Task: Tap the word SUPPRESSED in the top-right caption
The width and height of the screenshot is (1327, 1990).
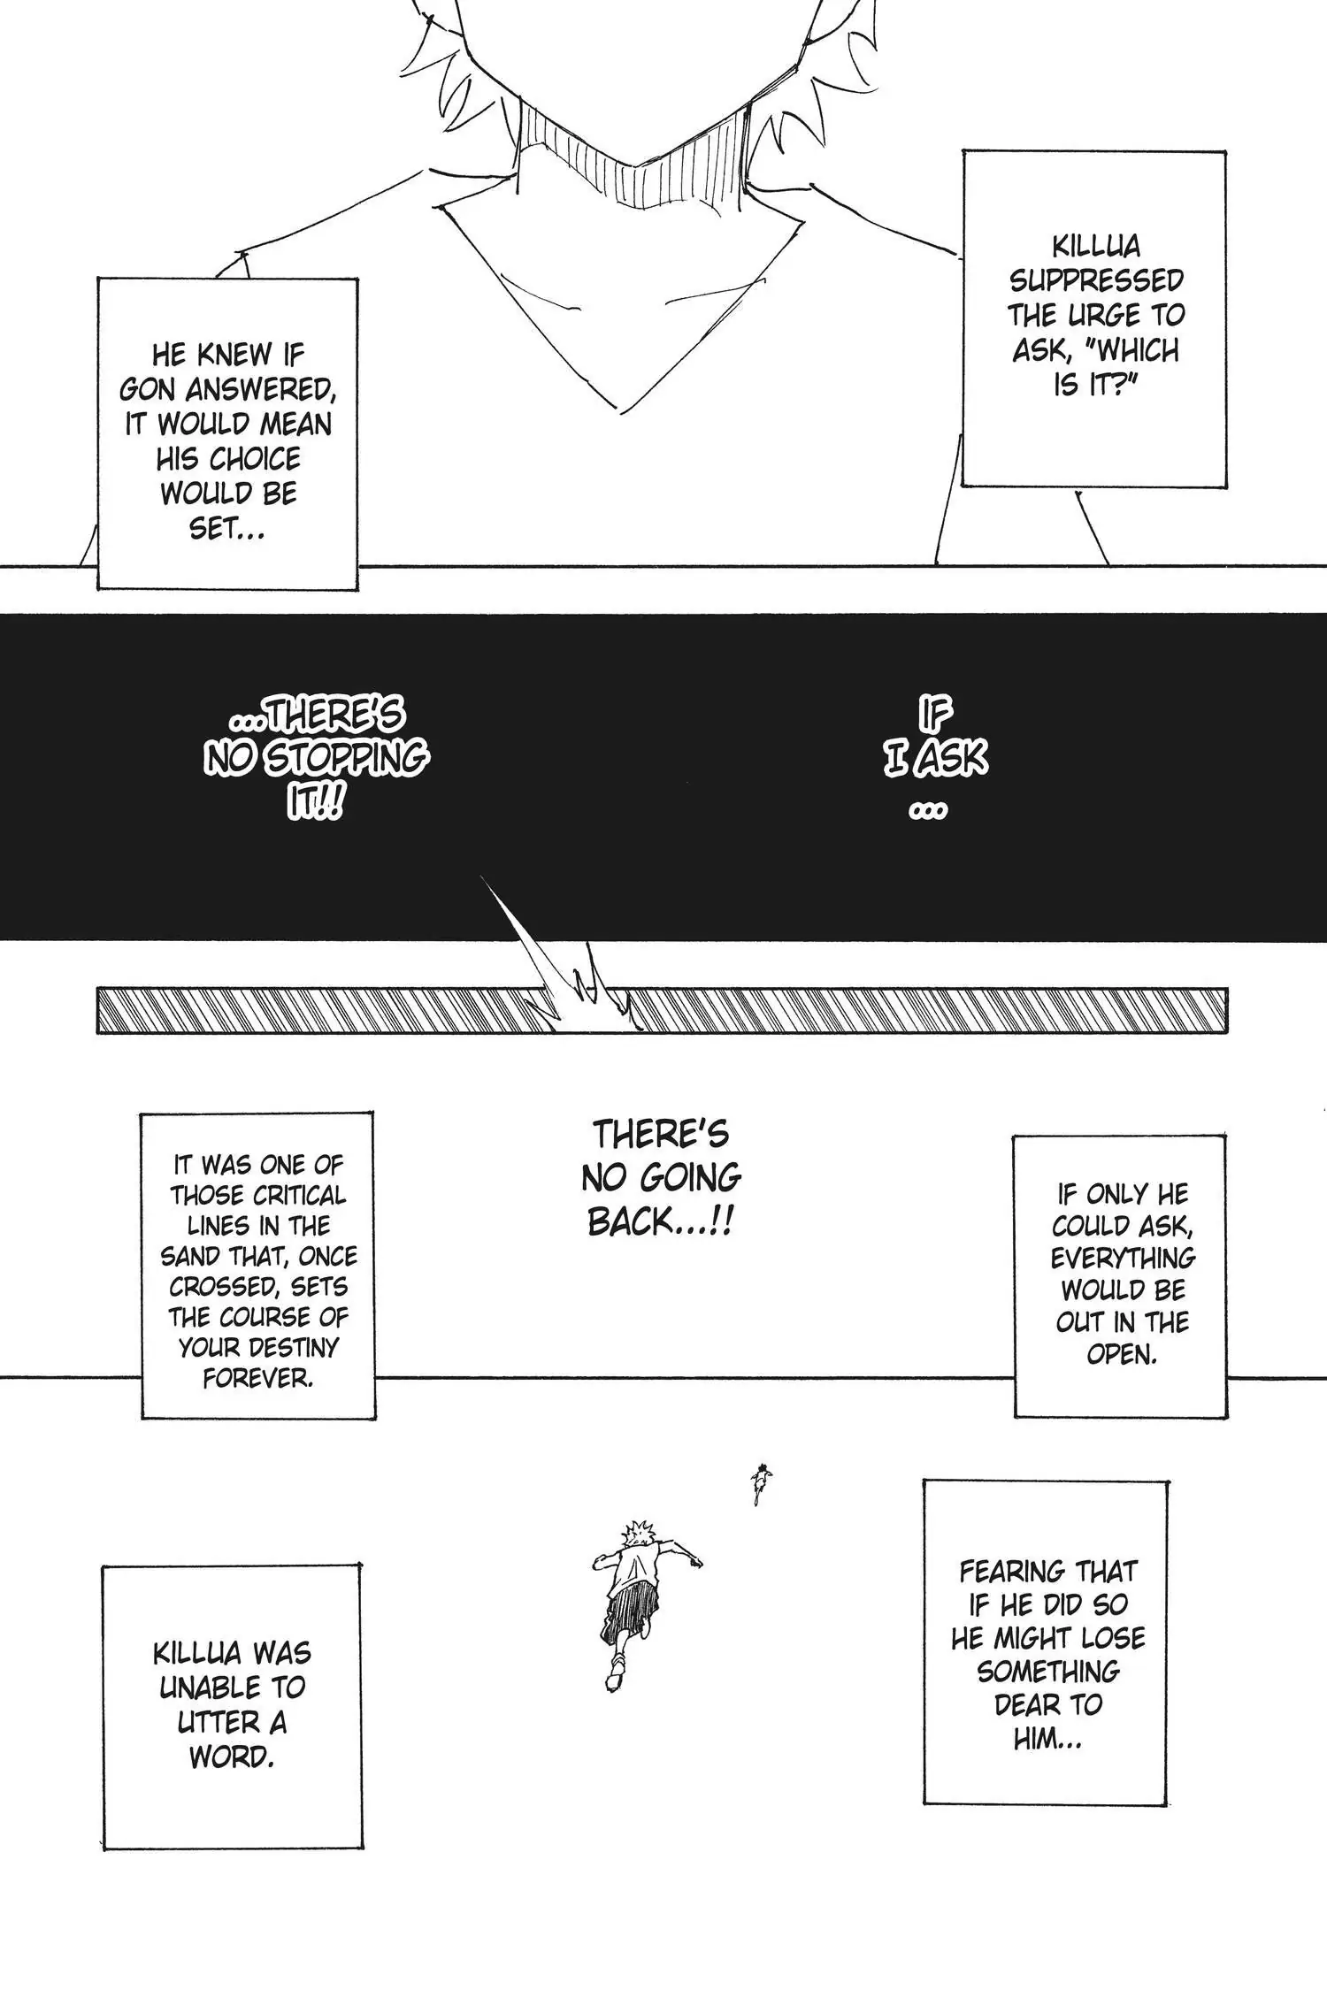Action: coord(1096,280)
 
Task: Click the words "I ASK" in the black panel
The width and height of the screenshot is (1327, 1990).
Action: coord(935,759)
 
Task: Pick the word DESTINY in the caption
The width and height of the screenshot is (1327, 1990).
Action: coord(295,1347)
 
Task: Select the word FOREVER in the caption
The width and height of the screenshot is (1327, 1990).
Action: coord(257,1378)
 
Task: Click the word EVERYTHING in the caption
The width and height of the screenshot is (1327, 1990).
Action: coord(1123,1258)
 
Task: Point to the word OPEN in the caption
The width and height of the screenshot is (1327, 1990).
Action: coord(1122,1354)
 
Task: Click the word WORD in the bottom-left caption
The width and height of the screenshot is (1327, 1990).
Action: coord(231,1757)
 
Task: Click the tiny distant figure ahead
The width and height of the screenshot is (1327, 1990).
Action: coord(759,1484)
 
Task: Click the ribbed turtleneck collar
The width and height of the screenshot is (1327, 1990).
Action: coord(633,155)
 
